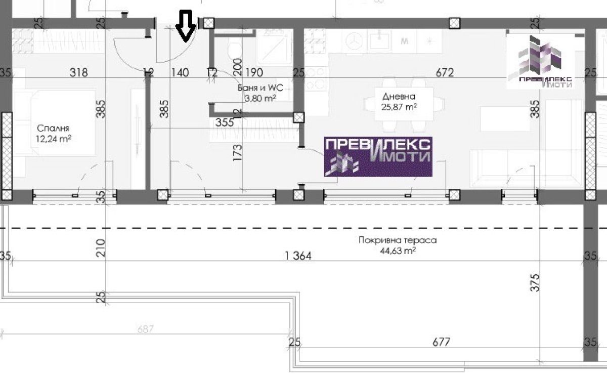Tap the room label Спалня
click(53, 128)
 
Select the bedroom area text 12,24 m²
click(53, 138)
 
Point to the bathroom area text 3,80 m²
click(260, 98)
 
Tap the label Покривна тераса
click(397, 240)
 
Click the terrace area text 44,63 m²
click(397, 250)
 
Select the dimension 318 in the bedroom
click(79, 73)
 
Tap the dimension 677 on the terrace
click(441, 342)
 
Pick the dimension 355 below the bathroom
click(224, 122)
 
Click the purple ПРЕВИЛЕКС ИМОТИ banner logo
click(378, 156)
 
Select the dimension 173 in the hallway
click(238, 152)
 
